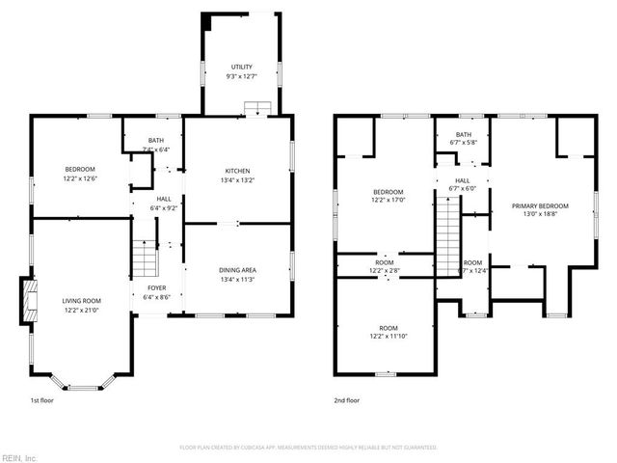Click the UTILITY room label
[241, 67]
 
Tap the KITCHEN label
[236, 171]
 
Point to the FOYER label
[156, 287]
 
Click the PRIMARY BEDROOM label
[539, 205]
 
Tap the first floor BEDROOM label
[81, 170]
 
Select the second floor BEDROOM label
[388, 191]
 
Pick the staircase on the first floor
[145, 259]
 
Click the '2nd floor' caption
[347, 399]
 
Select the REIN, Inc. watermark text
[19, 457]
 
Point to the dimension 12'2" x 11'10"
[388, 335]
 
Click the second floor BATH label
[464, 135]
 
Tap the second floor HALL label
[463, 180]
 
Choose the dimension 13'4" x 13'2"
[236, 179]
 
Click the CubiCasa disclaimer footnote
[308, 448]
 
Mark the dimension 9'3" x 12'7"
[241, 75]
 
